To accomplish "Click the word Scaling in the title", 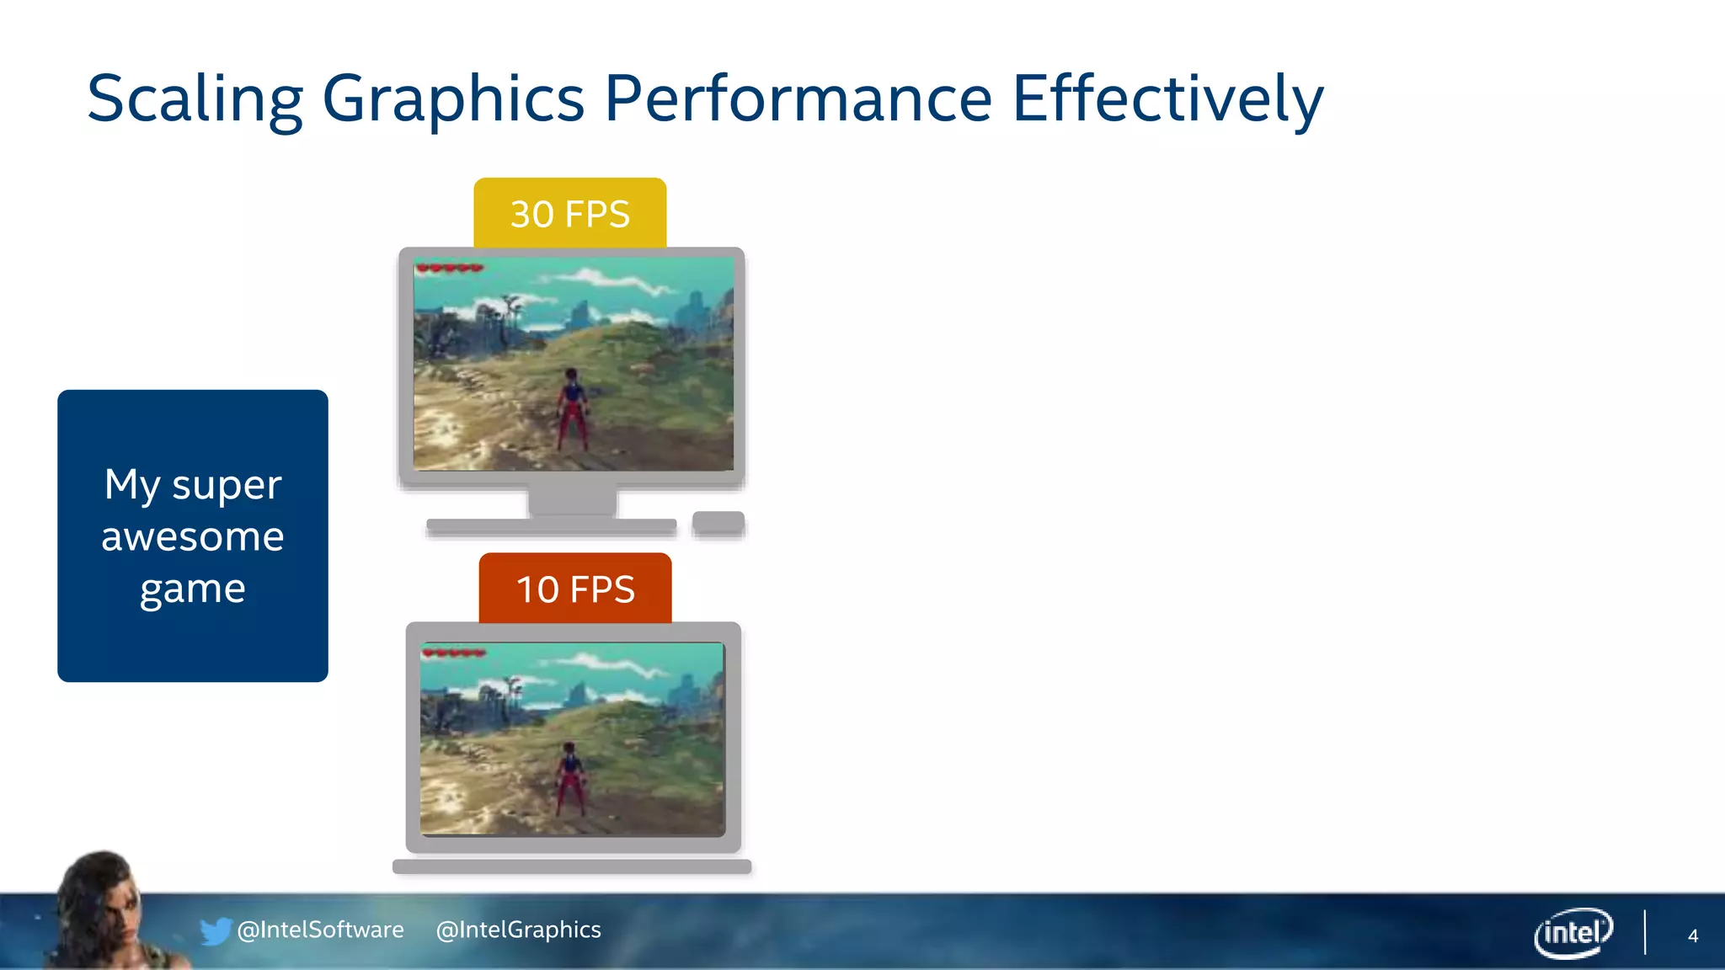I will [x=195, y=99].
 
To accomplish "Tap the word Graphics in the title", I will [x=453, y=99].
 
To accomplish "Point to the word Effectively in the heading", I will [x=1167, y=99].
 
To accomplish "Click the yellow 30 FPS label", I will [x=570, y=214].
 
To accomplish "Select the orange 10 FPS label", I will [x=575, y=589].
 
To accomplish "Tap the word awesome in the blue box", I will [x=193, y=536].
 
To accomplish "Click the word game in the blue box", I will [x=193, y=589].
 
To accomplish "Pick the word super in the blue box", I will [x=227, y=484].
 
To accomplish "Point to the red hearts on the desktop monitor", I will [x=450, y=269].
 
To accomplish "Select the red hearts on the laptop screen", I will [x=454, y=653].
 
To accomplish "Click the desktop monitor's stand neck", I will [x=572, y=503].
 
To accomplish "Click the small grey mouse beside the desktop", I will [x=718, y=522].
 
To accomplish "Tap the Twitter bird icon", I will [x=216, y=930].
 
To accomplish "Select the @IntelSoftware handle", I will [x=321, y=930].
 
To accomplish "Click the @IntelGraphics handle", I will [x=519, y=930].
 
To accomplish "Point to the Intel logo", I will [x=1573, y=933].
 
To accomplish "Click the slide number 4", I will [x=1692, y=935].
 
